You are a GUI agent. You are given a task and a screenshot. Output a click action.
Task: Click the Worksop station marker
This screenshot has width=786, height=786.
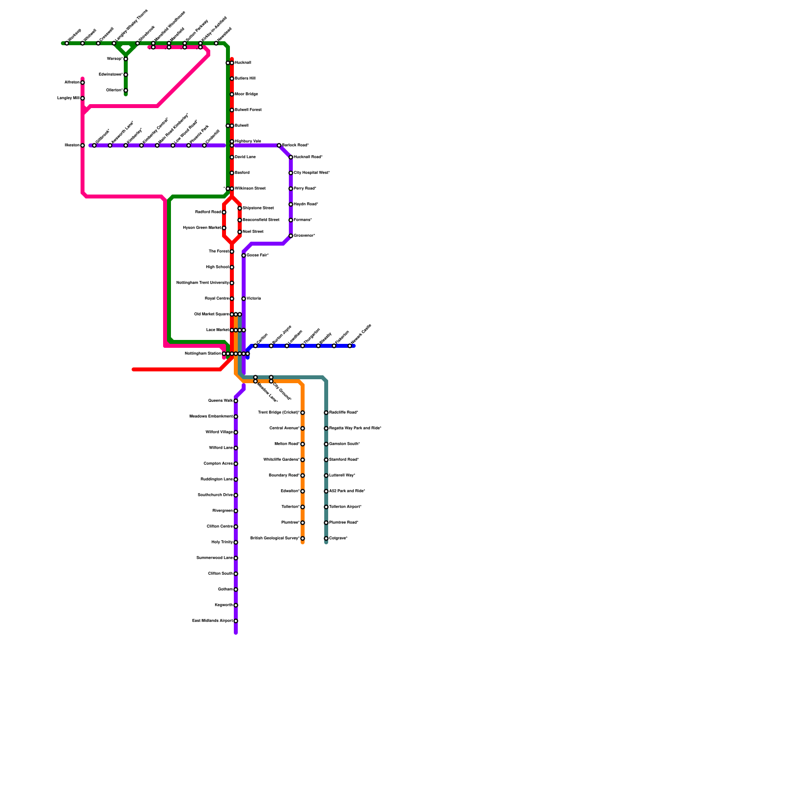coord(67,43)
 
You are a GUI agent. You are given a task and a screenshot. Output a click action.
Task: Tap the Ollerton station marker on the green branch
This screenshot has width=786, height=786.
coord(126,90)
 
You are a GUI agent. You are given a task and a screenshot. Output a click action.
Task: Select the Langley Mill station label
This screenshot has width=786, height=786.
coord(68,98)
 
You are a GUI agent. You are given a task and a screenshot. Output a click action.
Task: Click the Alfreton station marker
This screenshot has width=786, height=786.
coord(83,83)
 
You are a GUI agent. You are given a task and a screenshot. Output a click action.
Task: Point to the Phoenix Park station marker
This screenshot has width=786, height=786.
coord(189,145)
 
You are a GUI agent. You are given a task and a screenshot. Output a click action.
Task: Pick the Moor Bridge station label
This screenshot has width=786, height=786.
coord(246,94)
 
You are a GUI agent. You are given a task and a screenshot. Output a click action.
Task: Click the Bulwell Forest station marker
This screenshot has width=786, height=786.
coord(232,110)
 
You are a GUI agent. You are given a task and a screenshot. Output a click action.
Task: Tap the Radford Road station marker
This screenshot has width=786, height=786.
coord(224,212)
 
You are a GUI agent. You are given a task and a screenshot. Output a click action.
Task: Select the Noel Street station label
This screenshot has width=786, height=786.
coord(253,232)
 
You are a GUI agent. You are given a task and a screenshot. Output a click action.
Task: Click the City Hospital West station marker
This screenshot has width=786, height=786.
coord(291,173)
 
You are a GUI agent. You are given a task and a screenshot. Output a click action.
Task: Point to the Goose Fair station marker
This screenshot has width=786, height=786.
coord(244,255)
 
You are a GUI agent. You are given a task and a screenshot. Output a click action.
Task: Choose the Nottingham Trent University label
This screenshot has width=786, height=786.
coord(202,283)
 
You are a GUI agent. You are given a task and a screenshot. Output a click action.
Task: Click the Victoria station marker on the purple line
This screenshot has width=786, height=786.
coord(244,299)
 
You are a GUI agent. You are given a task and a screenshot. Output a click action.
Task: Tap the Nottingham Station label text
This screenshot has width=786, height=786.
coord(203,354)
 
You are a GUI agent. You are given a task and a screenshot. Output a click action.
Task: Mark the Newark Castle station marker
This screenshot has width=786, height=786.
coord(350,346)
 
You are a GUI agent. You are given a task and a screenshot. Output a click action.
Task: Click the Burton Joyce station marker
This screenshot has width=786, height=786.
coord(271,346)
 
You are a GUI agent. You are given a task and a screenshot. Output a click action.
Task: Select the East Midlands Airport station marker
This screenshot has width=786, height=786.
coord(236,621)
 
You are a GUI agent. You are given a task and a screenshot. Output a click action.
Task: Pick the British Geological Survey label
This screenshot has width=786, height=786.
coord(275,538)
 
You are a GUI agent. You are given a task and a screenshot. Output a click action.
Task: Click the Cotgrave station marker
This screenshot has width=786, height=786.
coord(326,538)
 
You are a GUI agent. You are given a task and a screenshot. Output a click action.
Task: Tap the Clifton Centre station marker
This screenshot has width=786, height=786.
coord(236,527)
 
